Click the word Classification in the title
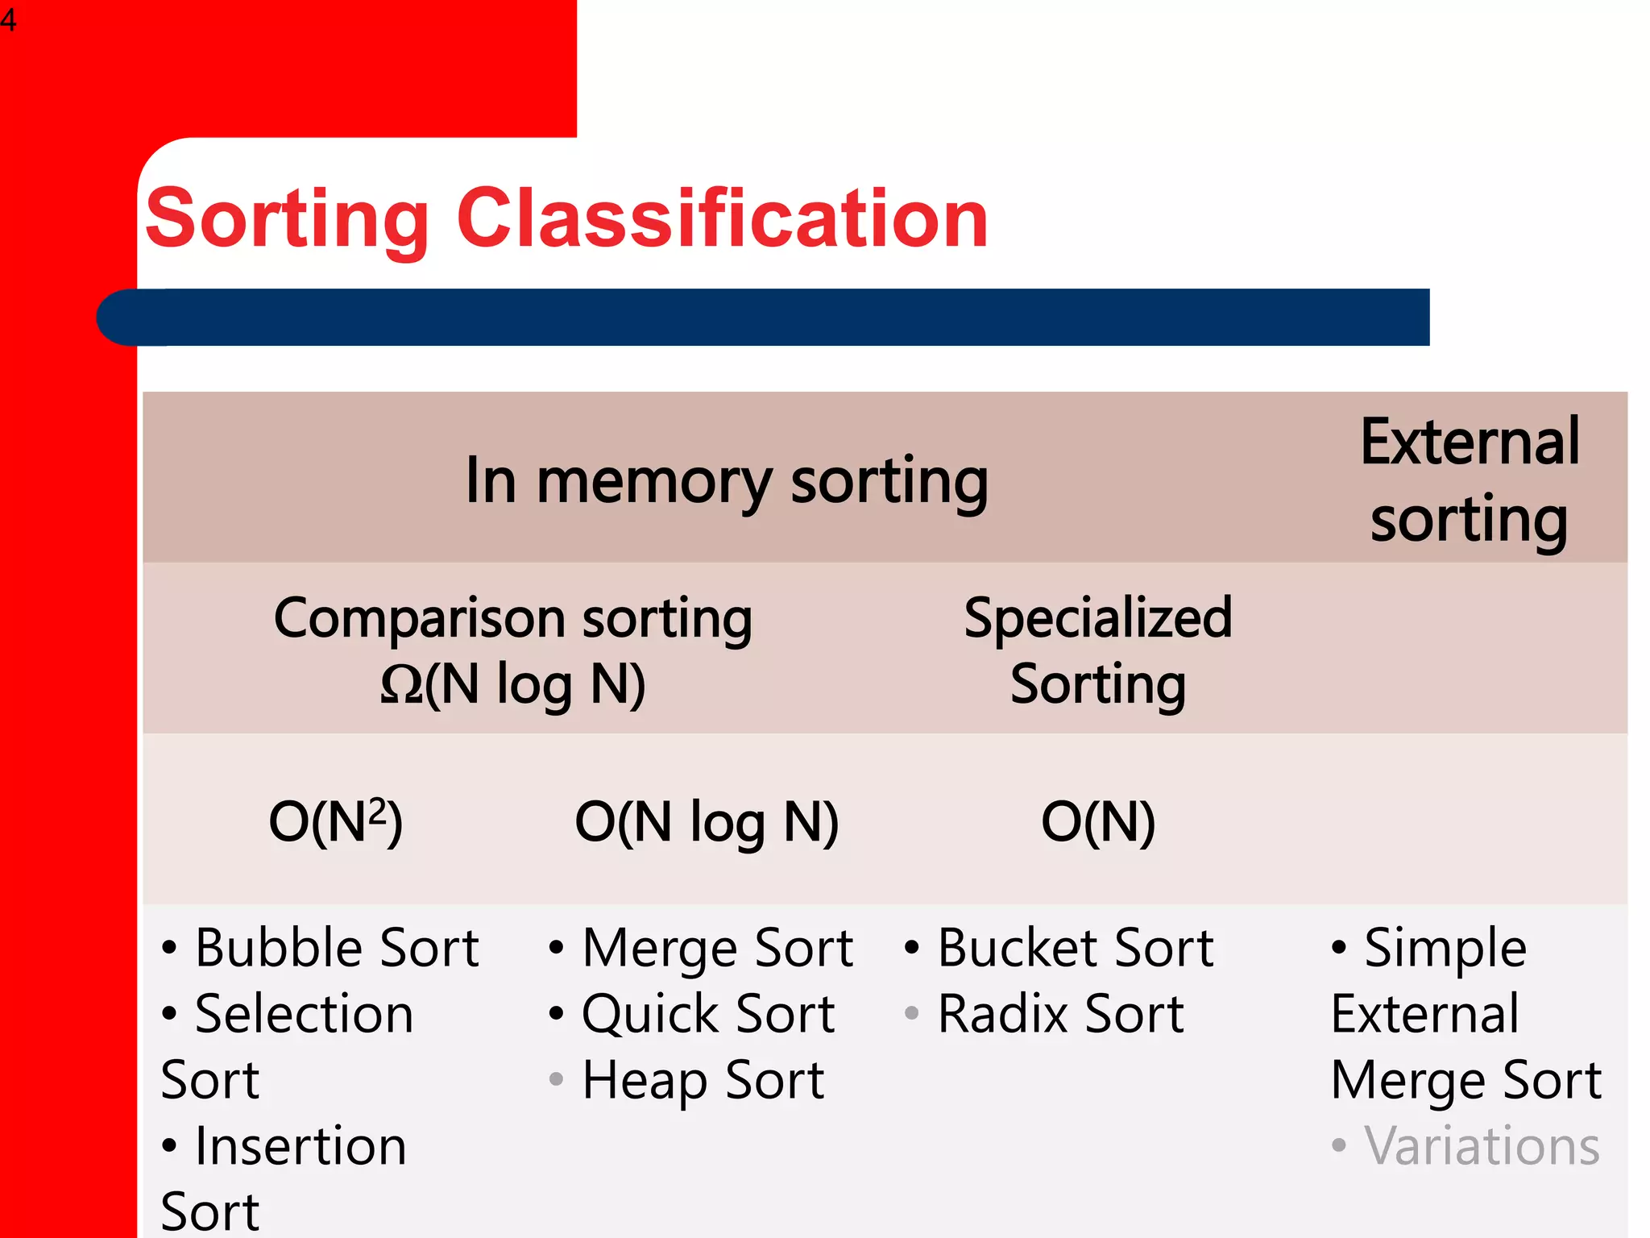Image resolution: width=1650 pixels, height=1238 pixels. pos(722,218)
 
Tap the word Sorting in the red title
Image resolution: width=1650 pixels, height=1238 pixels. pos(287,219)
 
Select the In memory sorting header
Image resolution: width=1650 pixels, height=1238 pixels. pos(727,480)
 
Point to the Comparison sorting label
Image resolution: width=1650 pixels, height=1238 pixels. pos(513,618)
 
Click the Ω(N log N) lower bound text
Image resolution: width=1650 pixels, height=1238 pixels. pos(513,684)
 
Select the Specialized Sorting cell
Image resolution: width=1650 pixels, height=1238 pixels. pos(1097,650)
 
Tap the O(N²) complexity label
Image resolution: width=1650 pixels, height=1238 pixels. pos(335,822)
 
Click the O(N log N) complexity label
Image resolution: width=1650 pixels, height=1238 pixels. pos(707,822)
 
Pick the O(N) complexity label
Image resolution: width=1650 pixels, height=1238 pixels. pos(1097,822)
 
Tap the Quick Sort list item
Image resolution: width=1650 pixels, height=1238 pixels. pos(707,1013)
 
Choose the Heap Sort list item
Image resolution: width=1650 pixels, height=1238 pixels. pos(703,1079)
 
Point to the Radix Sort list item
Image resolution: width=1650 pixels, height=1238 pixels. pos(1060,1013)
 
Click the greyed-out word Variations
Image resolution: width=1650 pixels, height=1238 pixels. pos(1481,1145)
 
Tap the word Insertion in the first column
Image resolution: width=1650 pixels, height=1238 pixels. pos(301,1145)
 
